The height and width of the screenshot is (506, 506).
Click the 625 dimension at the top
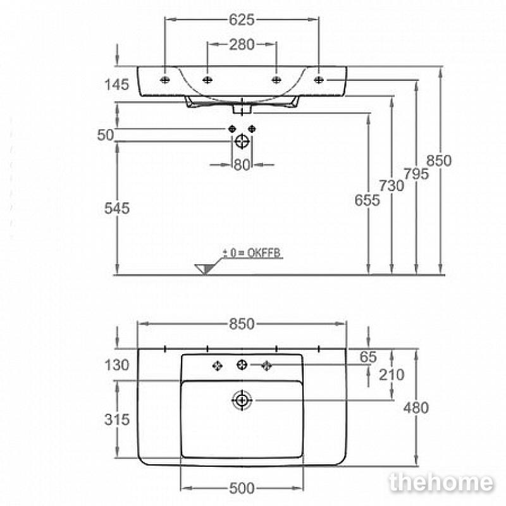(x=242, y=20)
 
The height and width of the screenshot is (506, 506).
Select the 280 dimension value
(x=242, y=44)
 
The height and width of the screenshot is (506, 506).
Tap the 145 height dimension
(x=116, y=85)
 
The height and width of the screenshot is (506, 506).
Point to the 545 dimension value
(x=117, y=208)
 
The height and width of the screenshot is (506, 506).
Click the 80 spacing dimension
(x=242, y=165)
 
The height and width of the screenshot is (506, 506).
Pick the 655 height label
(x=367, y=201)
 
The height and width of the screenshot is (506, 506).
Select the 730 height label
(x=391, y=186)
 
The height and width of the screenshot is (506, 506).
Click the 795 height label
(x=416, y=175)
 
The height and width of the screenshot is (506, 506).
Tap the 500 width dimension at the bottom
(x=242, y=488)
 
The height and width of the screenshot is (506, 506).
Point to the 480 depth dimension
(x=416, y=408)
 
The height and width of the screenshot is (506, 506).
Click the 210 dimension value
(x=392, y=375)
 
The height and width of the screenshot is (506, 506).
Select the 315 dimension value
(x=117, y=419)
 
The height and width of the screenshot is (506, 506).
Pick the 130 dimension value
(x=117, y=366)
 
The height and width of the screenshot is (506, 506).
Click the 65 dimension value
(x=368, y=357)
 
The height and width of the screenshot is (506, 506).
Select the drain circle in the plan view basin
(x=242, y=400)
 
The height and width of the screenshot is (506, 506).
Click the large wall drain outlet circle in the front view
(x=242, y=141)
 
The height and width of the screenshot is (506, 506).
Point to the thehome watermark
(x=441, y=483)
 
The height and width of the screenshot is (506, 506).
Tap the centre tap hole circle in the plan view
(x=242, y=365)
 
